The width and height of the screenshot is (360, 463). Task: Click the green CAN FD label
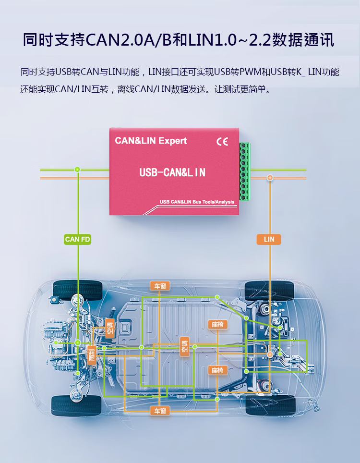coord(77,239)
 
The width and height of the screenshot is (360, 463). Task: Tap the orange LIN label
coord(269,239)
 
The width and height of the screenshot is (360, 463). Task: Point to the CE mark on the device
coord(222,142)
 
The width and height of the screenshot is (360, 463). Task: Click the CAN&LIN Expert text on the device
coord(151,141)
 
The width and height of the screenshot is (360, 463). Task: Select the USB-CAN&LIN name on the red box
coord(172,172)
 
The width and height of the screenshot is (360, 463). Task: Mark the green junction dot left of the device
coord(77,170)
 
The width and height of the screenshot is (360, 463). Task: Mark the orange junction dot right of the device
coord(270,178)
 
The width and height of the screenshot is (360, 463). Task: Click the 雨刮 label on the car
coord(92,354)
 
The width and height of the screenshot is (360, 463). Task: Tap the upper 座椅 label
coord(217,325)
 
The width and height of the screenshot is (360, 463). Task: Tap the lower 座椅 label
coord(217,370)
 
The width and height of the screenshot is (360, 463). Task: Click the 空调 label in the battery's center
coord(184,347)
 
